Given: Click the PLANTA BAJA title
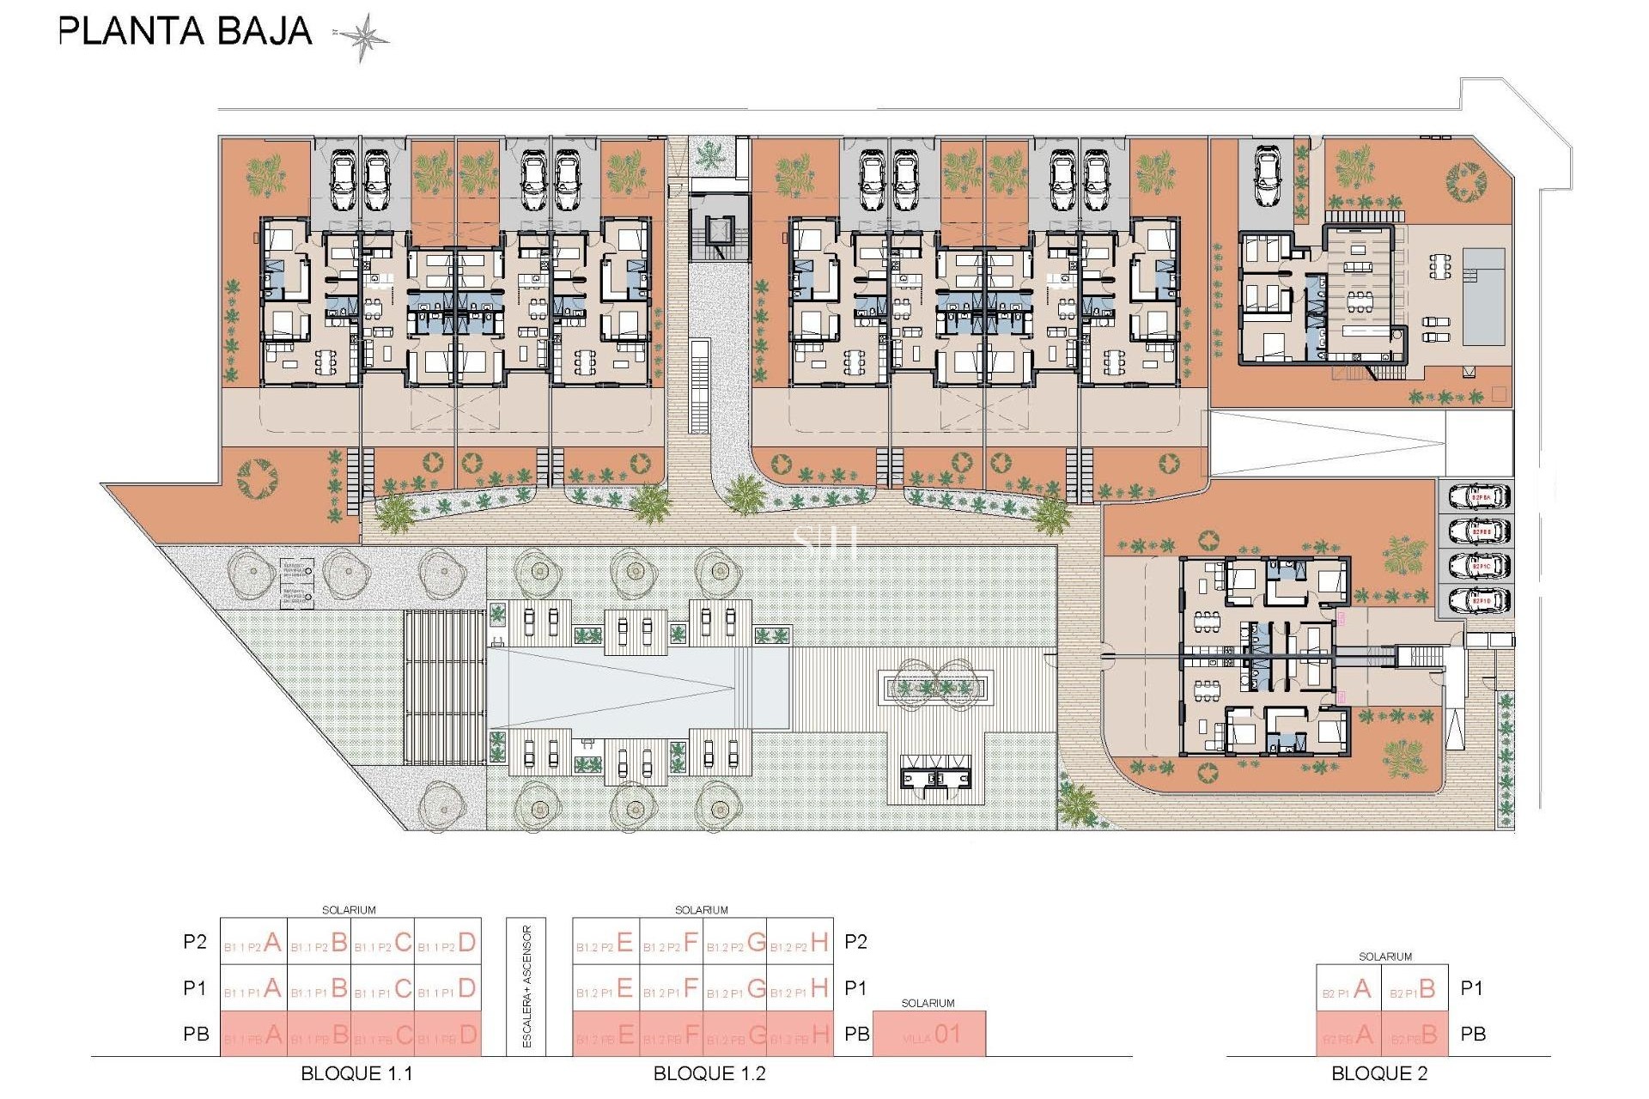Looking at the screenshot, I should pos(185,32).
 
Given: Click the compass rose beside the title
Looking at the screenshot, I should pos(362,37).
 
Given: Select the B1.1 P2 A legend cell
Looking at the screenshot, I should pos(253,942).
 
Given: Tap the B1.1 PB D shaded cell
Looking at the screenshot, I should pos(447,1035).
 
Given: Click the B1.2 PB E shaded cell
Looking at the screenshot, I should pos(605,1035).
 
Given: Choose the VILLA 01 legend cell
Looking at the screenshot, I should pos(929,1035).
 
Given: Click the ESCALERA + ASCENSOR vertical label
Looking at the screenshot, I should pos(527,987).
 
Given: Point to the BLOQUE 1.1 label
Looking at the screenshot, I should pos(356,1073).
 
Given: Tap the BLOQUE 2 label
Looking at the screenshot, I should pos(1379,1073).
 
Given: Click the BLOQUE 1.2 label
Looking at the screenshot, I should pos(709,1073).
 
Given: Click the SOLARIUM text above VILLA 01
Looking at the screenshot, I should pos(928,1003).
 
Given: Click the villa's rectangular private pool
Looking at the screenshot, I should pos(1483,296).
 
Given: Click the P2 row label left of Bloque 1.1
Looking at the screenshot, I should pos(195,942).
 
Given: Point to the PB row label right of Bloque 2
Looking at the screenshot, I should pos(1473,1035).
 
